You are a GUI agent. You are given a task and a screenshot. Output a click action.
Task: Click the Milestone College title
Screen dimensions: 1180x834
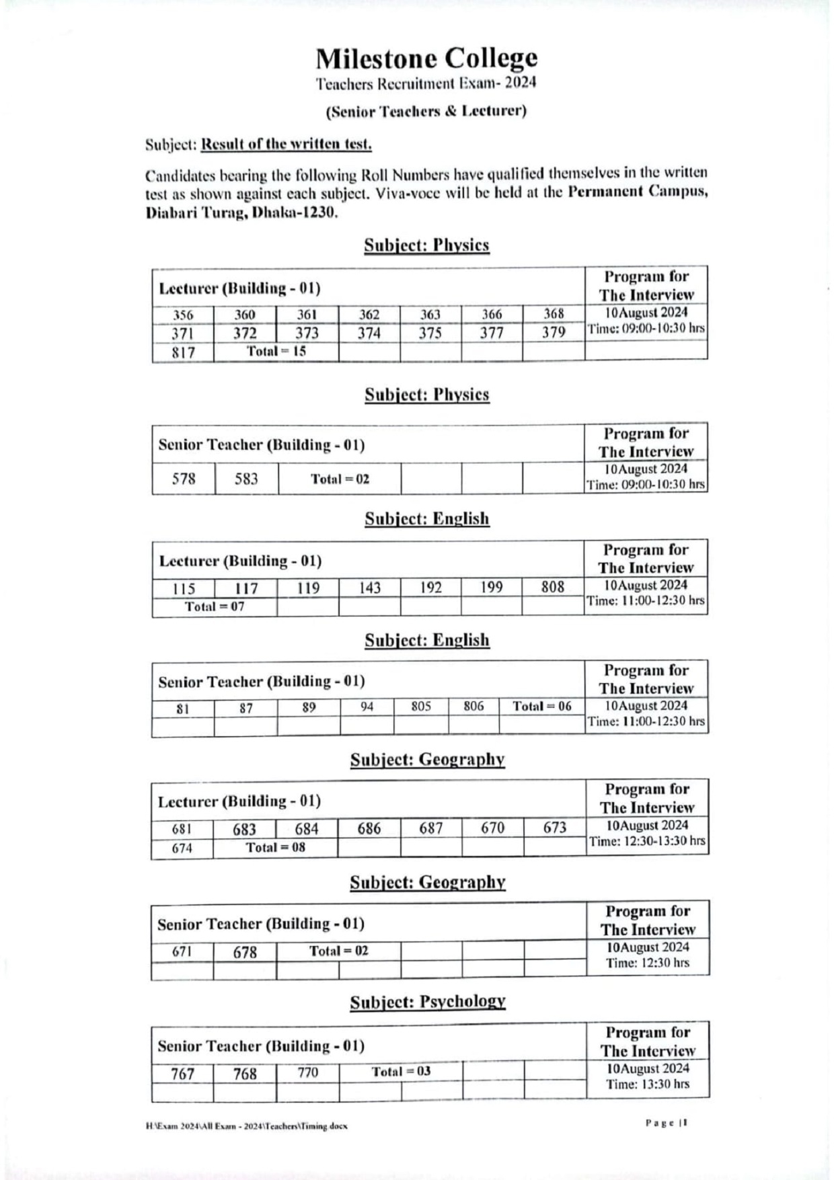pos(426,59)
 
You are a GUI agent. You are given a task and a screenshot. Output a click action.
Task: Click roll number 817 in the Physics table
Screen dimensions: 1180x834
pos(183,352)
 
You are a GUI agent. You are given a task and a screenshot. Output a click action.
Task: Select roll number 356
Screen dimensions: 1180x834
pos(183,315)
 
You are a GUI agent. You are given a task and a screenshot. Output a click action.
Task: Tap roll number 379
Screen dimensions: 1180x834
pos(554,332)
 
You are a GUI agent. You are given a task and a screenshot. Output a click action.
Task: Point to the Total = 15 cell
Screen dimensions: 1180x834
pos(276,351)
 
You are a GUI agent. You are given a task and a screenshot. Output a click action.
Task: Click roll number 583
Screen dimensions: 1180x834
pos(246,479)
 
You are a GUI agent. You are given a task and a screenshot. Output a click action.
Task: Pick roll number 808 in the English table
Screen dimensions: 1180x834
pos(553,587)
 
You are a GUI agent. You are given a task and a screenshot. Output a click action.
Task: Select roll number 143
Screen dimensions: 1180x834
pos(369,588)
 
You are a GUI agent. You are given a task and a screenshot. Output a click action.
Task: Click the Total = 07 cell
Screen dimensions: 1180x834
pos(215,606)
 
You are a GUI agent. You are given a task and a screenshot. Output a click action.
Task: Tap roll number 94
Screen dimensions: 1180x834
pos(367,707)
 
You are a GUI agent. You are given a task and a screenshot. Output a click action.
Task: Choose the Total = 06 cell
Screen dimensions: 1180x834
pos(541,706)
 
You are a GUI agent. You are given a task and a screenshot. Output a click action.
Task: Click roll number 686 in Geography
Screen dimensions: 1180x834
pos(369,828)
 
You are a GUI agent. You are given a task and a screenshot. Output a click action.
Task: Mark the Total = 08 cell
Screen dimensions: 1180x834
pos(275,847)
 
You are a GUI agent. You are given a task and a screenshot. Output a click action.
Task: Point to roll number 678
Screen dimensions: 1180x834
pos(245,952)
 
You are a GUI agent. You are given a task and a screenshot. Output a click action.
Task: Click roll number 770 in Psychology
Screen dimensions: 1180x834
pos(307,1072)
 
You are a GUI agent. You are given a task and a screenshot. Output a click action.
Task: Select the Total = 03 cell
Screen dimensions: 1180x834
pos(401,1071)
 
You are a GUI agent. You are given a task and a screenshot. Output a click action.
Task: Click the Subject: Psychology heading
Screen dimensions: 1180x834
pos(427,1002)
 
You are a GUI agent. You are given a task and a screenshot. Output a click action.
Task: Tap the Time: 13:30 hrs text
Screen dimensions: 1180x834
pos(647,1084)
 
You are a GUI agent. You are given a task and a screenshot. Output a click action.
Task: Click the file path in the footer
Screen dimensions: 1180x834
pos(246,1126)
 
